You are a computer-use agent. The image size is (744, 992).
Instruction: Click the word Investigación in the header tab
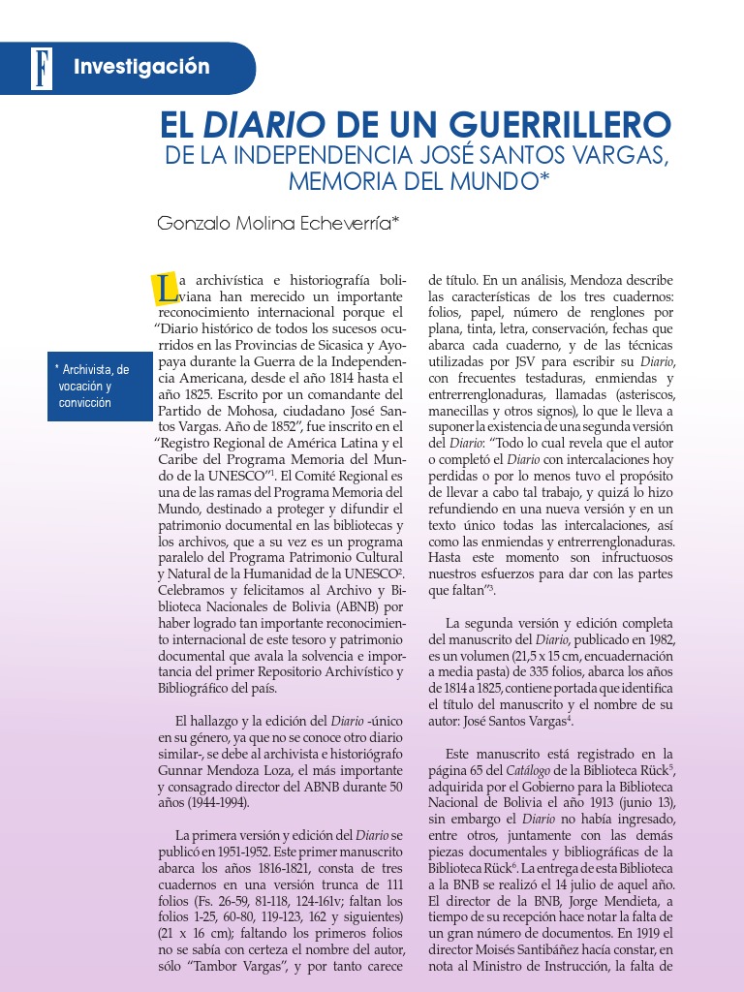(x=141, y=67)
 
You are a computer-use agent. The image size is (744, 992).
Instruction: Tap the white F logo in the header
(x=41, y=68)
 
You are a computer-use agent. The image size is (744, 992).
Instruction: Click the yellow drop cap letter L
(x=165, y=287)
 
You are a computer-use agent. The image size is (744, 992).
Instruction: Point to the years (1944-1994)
(x=213, y=803)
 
